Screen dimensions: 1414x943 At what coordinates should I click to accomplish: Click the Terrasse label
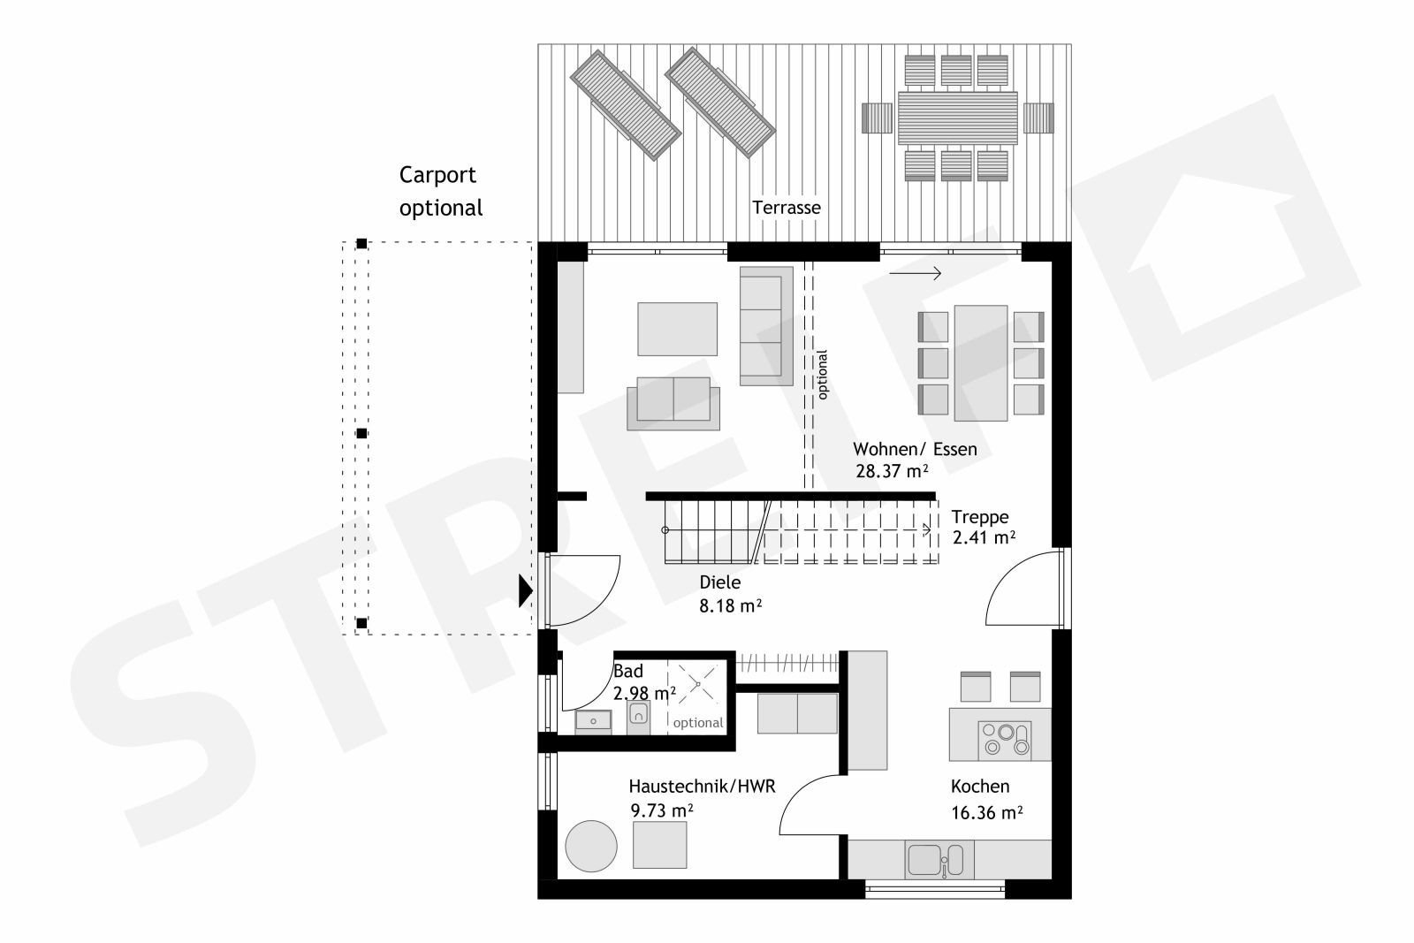tap(786, 208)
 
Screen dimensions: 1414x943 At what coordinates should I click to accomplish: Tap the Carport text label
tap(437, 176)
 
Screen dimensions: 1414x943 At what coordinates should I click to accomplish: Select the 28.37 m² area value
tap(892, 471)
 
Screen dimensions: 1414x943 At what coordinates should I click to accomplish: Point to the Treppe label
tap(980, 517)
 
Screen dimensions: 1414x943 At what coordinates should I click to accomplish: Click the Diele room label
tap(719, 582)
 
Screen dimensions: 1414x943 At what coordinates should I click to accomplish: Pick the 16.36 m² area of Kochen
tap(987, 812)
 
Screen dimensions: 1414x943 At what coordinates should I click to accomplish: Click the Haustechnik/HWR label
tap(702, 787)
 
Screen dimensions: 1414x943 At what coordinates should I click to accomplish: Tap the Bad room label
tap(628, 671)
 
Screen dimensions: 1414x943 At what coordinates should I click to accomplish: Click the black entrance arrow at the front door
tap(525, 590)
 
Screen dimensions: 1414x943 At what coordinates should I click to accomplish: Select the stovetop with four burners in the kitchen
tap(1004, 739)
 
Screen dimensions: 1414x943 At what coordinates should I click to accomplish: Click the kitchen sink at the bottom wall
tap(936, 859)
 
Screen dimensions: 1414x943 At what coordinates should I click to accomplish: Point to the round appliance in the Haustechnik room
tap(591, 846)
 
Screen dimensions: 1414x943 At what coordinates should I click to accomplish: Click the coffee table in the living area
tap(677, 329)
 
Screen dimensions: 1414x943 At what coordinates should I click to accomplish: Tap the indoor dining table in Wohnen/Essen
tap(980, 363)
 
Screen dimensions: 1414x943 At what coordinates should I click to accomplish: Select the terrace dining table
tap(958, 118)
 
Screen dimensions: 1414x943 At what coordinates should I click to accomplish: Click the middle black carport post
tap(361, 433)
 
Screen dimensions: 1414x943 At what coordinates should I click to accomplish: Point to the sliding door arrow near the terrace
tap(916, 273)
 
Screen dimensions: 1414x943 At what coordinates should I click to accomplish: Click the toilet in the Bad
tap(638, 718)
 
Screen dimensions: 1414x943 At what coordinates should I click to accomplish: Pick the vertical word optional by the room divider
tap(822, 375)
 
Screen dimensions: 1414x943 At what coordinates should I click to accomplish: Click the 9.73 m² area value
tap(662, 810)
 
